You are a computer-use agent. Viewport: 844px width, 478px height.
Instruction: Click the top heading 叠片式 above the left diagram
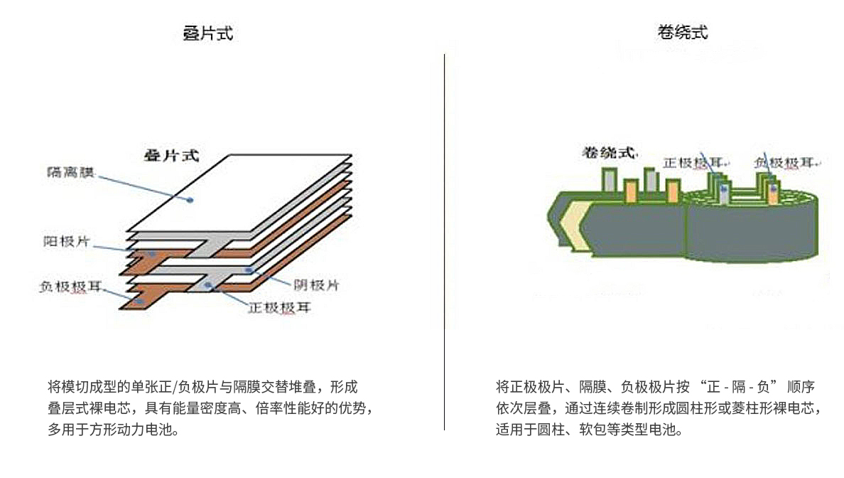(x=208, y=33)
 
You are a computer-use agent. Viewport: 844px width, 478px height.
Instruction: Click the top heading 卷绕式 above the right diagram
(x=683, y=32)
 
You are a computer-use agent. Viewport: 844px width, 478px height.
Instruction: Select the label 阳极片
(x=66, y=241)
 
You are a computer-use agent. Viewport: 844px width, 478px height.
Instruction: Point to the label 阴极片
(x=315, y=285)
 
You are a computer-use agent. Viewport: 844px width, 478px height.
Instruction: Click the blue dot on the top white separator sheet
(x=190, y=200)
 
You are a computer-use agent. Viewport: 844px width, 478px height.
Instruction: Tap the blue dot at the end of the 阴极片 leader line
(x=248, y=270)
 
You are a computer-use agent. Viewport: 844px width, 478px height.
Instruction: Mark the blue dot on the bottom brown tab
(x=139, y=302)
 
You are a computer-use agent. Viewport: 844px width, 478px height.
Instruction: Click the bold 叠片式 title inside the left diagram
(x=171, y=155)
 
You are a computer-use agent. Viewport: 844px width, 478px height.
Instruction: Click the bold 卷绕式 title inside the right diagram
(x=609, y=152)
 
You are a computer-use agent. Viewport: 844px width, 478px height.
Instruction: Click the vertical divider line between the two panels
(x=445, y=242)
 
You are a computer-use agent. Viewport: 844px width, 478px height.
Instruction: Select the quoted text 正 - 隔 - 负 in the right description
(x=738, y=388)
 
